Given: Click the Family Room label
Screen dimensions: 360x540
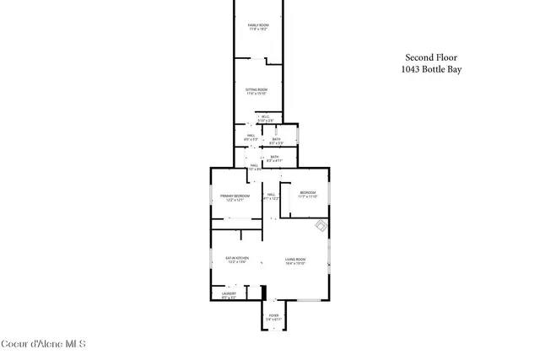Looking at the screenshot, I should click(x=258, y=27).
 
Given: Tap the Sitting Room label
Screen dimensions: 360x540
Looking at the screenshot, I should click(x=256, y=91).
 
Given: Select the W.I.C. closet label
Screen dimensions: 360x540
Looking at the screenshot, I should click(x=266, y=119).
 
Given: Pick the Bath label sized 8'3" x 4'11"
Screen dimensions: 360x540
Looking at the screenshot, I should click(x=275, y=158).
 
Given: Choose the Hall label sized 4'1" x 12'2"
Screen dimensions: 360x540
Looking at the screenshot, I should click(x=272, y=196).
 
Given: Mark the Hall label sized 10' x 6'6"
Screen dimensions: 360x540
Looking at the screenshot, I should click(x=254, y=167).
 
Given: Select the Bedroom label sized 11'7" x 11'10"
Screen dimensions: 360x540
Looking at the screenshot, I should click(x=308, y=195).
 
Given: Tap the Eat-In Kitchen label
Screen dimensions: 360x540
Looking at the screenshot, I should click(x=236, y=260).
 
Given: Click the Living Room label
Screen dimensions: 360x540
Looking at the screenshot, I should click(x=294, y=261).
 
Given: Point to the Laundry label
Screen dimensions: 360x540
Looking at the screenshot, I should click(x=229, y=295).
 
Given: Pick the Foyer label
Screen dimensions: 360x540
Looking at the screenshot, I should click(x=273, y=317).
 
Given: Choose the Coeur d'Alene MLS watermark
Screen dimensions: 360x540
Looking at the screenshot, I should click(x=43, y=344).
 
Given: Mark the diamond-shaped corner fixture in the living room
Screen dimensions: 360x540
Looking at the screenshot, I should click(x=321, y=226).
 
